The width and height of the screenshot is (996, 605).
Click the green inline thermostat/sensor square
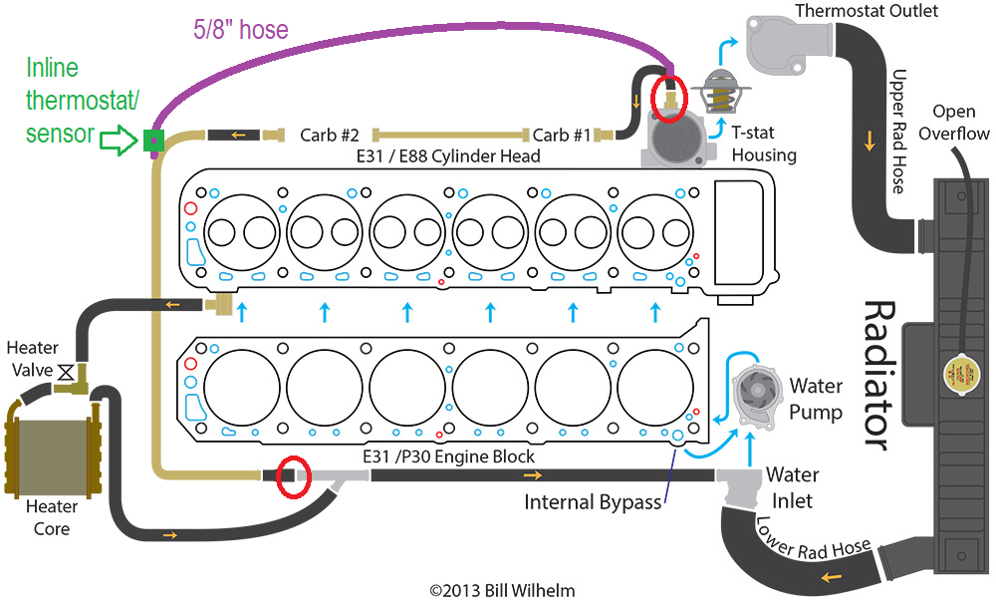tap(153, 141)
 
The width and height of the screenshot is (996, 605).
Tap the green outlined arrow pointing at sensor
tap(120, 140)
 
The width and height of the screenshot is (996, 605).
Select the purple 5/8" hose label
tap(241, 29)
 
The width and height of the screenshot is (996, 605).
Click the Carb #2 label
tap(329, 136)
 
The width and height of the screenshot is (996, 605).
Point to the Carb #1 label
tap(562, 136)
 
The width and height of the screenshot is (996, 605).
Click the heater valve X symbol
tap(66, 372)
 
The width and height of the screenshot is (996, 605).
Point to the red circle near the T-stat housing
tap(669, 98)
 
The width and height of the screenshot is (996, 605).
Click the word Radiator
tap(881, 376)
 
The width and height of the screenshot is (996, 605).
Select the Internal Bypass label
tap(593, 502)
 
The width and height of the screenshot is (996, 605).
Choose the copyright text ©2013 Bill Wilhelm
tap(502, 591)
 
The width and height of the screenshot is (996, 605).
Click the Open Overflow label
tap(953, 122)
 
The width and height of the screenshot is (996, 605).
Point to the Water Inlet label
tap(792, 487)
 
